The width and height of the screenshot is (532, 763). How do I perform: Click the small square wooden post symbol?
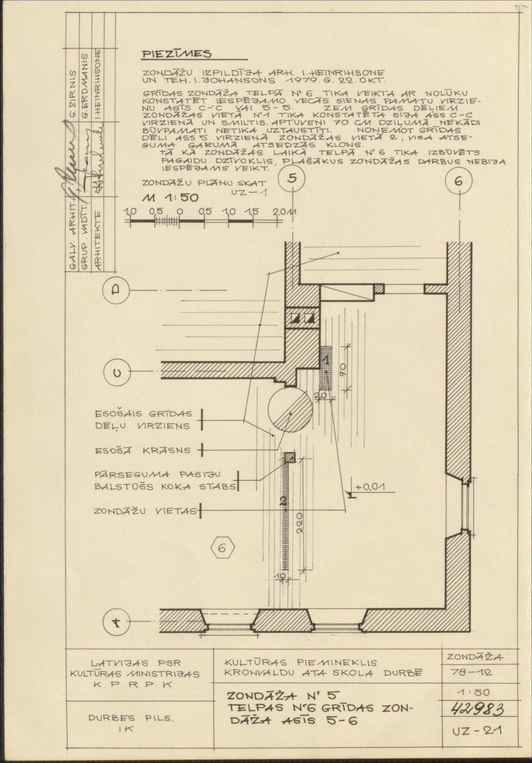[x=290, y=458]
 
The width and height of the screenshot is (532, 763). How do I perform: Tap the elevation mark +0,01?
[x=370, y=488]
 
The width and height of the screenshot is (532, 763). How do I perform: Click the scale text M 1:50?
[x=170, y=198]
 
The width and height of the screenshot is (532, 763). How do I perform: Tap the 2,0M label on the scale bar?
[x=285, y=212]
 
